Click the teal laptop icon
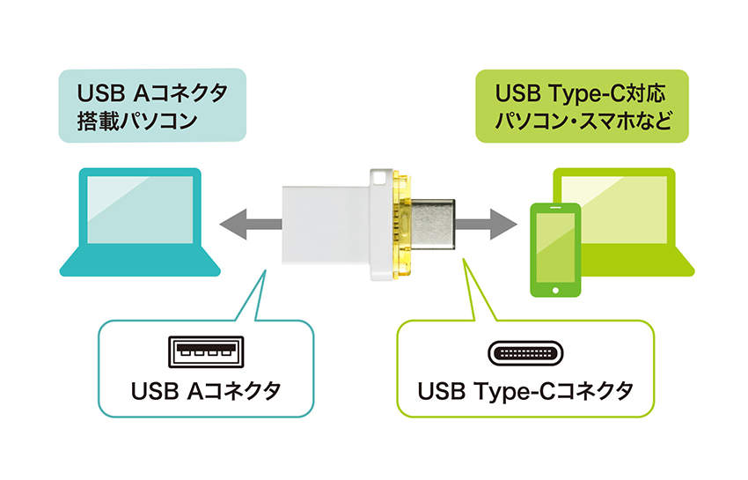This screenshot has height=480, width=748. coord(141,220)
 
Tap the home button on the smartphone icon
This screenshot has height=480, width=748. coord(555,288)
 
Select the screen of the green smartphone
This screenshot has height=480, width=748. coord(555,245)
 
